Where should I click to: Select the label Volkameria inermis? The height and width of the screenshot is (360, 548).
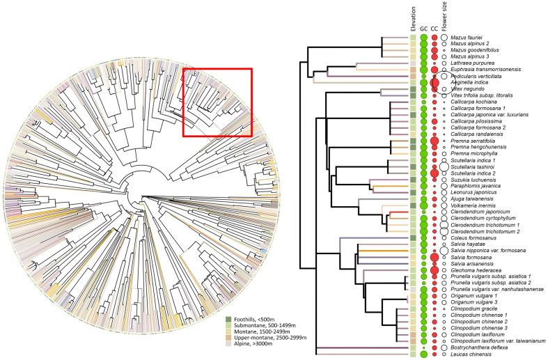pyautogui.click(x=472, y=205)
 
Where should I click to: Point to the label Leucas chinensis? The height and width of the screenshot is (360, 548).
pyautogui.click(x=469, y=354)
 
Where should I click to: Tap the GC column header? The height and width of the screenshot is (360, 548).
pyautogui.click(x=423, y=29)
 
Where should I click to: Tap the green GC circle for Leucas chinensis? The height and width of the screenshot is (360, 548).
pyautogui.click(x=423, y=354)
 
